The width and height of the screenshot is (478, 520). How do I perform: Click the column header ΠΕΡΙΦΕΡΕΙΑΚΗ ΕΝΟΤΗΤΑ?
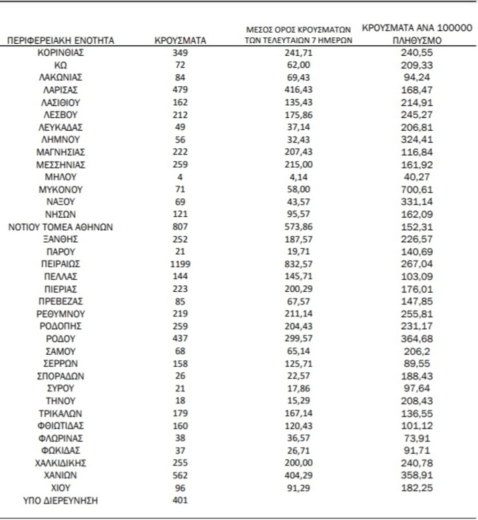pos(60,40)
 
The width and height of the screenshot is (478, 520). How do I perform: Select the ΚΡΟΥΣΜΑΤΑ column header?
pos(180,40)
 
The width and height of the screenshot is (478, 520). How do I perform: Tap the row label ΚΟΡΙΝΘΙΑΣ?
pos(60,52)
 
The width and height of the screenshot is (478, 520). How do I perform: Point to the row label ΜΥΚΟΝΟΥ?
pos(60,189)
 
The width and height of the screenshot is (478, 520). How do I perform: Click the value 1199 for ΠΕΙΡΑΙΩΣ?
pos(180,264)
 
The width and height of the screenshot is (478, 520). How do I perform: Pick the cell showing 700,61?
pos(418,189)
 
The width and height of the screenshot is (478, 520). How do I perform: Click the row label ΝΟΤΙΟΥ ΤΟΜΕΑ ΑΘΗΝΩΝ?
pos(60,227)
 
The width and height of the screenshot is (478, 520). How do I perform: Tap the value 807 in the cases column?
pos(180,227)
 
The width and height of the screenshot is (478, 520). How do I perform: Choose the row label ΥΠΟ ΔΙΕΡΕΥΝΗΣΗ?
pos(60,501)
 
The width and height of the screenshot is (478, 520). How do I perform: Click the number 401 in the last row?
pos(180,501)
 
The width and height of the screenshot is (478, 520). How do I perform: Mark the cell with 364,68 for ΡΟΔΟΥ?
pos(418,339)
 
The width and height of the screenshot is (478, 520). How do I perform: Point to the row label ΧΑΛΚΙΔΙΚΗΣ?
pos(60,463)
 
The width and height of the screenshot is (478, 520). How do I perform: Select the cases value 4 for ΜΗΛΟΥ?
pos(180,177)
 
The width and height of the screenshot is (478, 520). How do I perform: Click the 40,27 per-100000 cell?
pos(418,177)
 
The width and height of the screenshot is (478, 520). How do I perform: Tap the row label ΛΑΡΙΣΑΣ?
pos(60,90)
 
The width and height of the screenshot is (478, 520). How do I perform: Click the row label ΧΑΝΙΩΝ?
pos(60,476)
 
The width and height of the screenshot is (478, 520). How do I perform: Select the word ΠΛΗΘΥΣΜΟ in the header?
pos(418,40)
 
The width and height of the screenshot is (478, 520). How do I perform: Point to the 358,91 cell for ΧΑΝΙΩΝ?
pos(418,476)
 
